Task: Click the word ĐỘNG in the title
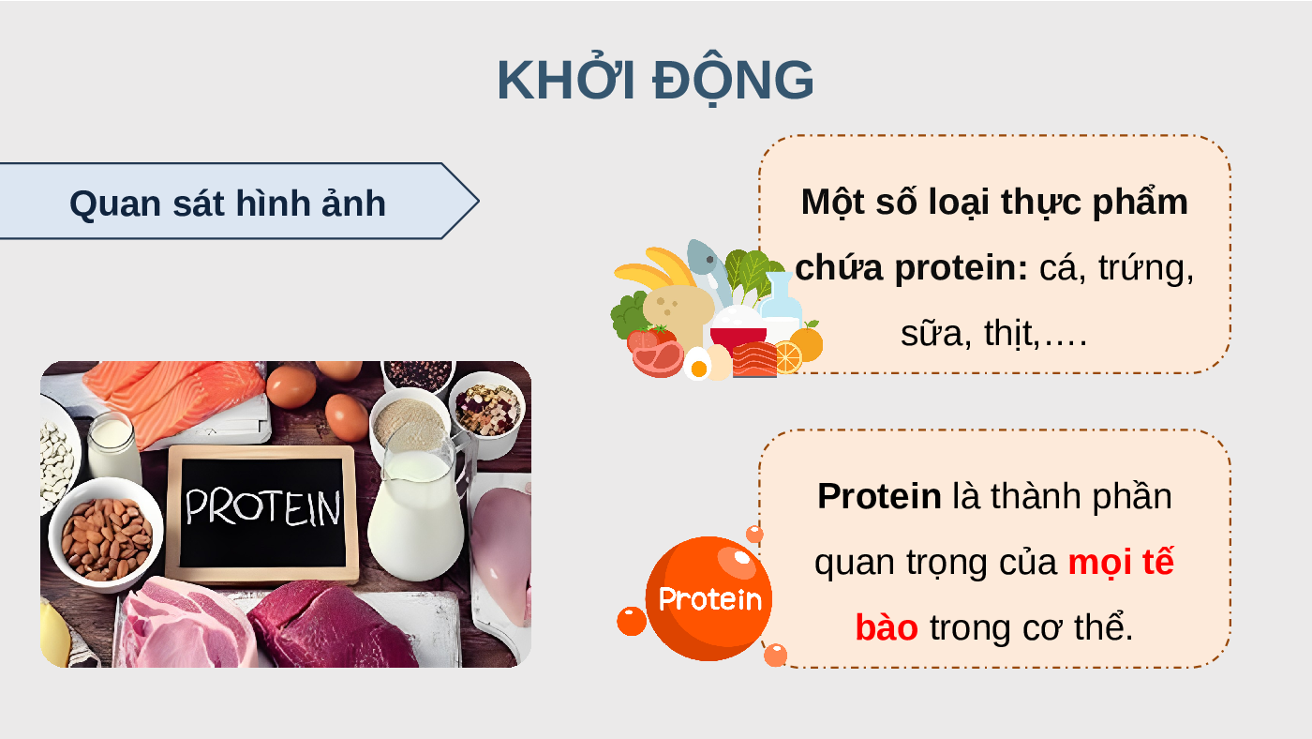733,81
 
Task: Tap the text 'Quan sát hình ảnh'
227,203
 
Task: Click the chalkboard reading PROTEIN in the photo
261,513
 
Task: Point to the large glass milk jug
420,504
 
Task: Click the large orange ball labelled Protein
708,598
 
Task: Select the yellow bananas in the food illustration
656,269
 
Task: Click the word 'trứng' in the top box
1145,268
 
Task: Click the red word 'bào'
887,627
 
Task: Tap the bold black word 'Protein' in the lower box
879,496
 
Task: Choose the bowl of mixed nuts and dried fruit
488,410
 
